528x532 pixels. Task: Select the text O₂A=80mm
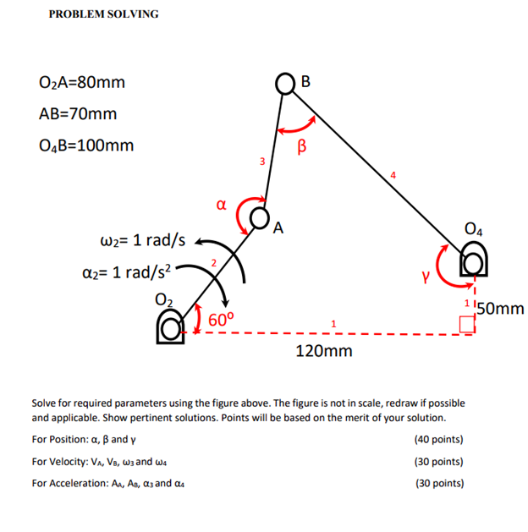pyautogui.click(x=81, y=83)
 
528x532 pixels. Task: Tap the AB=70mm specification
pyautogui.click(x=78, y=113)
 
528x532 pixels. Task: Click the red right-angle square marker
pyautogui.click(x=466, y=323)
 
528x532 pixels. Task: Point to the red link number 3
pyautogui.click(x=262, y=161)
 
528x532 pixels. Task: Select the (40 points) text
pyautogui.click(x=438, y=440)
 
